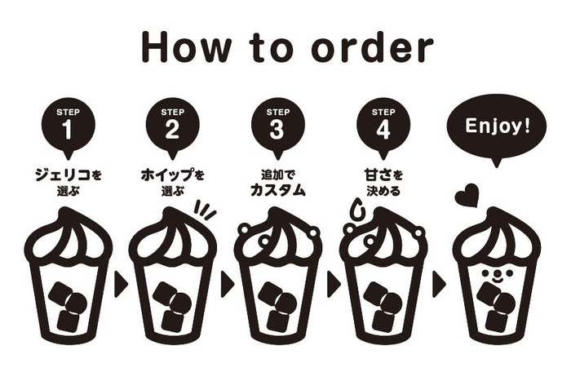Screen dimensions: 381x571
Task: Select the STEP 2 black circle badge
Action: pos(173,124)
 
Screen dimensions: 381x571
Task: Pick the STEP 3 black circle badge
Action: pos(277,124)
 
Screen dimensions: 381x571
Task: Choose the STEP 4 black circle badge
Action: pos(382,124)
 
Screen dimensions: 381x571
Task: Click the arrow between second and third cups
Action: pos(227,283)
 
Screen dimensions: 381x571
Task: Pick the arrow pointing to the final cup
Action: pos(439,283)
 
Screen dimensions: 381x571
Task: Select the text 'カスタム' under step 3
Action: pos(277,191)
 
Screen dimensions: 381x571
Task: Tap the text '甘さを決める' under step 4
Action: pos(382,181)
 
